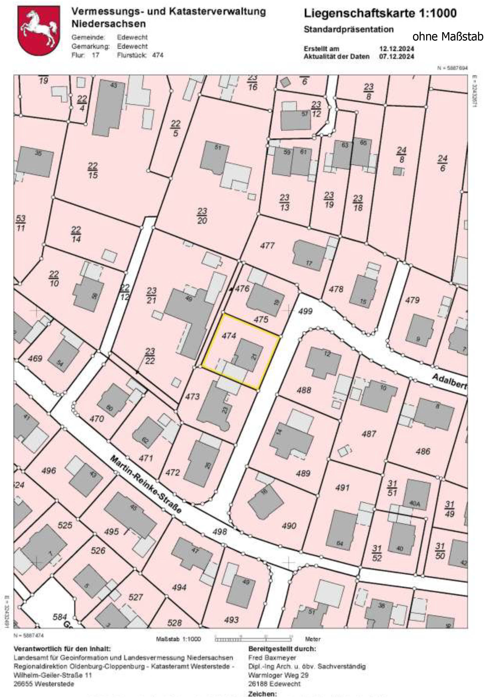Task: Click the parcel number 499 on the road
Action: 305,311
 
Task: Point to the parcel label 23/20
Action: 202,216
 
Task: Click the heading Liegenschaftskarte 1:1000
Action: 380,13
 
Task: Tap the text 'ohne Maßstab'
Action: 448,37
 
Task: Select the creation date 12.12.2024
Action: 396,49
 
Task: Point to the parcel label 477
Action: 267,245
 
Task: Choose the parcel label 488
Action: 304,390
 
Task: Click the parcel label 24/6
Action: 442,163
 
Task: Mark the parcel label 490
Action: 289,525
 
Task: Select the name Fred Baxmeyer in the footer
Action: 272,658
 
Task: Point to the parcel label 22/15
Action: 93,170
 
